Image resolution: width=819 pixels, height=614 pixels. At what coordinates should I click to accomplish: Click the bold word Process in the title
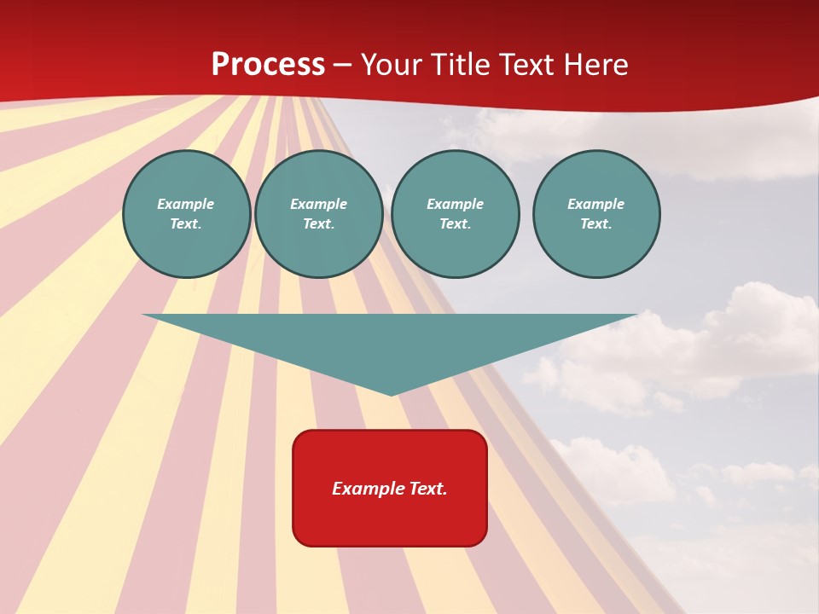tap(268, 65)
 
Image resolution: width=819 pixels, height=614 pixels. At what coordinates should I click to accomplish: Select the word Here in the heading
tap(597, 65)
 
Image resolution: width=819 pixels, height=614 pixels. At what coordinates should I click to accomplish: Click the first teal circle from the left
tap(186, 214)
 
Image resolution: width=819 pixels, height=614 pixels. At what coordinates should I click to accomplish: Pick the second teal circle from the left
tap(318, 214)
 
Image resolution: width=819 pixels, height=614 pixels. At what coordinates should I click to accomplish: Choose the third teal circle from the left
tap(455, 214)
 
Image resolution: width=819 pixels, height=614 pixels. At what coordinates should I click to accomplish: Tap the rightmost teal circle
tap(596, 214)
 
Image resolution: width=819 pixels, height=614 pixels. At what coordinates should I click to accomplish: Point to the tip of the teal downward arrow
tap(391, 394)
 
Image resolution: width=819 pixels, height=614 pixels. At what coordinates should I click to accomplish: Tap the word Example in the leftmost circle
tap(186, 204)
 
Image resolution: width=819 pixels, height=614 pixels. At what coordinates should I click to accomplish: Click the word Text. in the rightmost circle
tap(596, 224)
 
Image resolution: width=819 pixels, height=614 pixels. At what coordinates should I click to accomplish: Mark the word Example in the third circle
tap(455, 204)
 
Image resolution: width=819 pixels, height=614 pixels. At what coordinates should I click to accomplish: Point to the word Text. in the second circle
tap(318, 224)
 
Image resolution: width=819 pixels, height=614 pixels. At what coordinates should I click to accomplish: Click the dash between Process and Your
tap(343, 66)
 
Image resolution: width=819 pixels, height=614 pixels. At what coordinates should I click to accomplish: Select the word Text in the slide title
tap(526, 65)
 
